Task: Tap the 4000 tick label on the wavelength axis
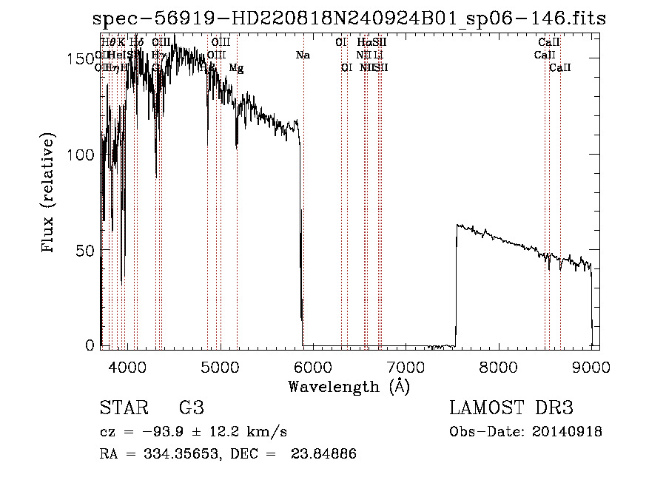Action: click(x=127, y=367)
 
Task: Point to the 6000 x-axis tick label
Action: click(x=313, y=367)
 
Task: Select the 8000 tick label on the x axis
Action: click(x=499, y=367)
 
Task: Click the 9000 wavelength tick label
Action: click(x=591, y=367)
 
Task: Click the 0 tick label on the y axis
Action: click(x=92, y=345)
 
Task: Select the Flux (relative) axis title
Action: click(x=50, y=194)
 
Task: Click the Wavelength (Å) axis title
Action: click(x=349, y=386)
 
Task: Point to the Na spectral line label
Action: click(x=303, y=55)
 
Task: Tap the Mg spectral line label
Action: click(x=236, y=68)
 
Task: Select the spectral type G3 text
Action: click(x=191, y=408)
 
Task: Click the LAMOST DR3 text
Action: click(x=511, y=408)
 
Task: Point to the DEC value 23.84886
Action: click(x=326, y=454)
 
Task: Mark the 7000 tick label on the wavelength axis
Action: click(x=406, y=367)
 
